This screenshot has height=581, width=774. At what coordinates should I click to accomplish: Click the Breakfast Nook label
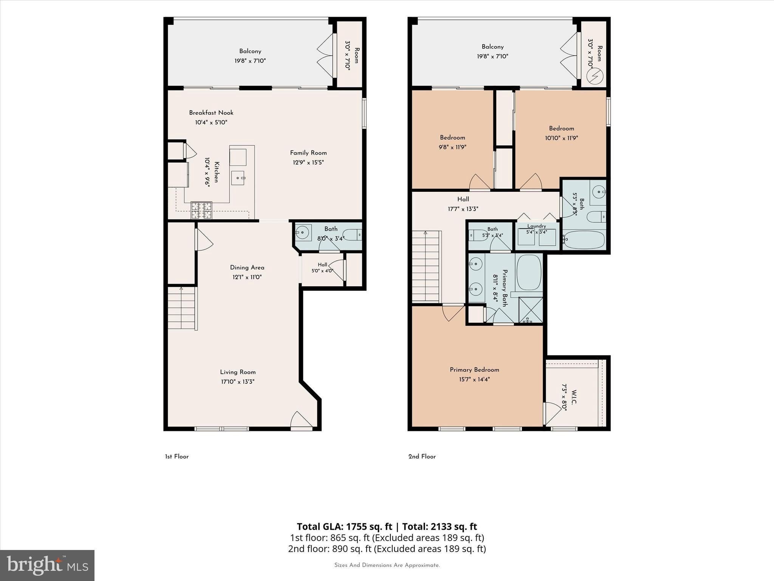pos(211,113)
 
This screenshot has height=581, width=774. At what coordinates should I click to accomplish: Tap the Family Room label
pos(308,153)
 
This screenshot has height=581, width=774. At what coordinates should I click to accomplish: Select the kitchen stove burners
pos(201,210)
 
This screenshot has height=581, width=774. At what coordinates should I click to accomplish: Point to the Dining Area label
pos(247,267)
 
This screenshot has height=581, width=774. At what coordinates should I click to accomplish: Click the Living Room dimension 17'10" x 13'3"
pos(238,382)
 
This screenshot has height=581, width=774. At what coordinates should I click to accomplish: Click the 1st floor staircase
pos(183,308)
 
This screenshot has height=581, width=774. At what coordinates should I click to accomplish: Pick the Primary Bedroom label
pos(474,370)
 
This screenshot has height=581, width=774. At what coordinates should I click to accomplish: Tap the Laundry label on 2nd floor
pos(537,226)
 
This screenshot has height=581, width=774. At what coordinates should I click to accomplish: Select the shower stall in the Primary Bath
pos(531,310)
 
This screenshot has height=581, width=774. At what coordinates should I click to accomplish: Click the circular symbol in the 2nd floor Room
pos(594,77)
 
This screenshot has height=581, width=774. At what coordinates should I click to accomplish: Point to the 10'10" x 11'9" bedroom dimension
pos(561,138)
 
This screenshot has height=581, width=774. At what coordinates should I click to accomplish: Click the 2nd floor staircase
pos(426,266)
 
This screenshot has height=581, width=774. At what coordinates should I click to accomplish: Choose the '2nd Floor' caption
pos(422,457)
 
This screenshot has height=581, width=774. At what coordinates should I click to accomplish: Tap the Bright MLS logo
pos(47,565)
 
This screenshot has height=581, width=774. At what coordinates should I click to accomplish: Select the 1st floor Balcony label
pos(250,51)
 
